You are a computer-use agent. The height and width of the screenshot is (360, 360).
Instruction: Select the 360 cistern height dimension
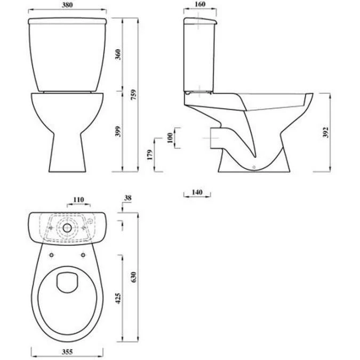[118, 54]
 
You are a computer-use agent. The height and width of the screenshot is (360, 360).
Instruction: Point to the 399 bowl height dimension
[118, 131]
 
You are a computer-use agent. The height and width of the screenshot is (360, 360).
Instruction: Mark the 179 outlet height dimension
[150, 155]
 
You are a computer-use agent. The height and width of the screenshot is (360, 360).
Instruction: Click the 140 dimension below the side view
[196, 191]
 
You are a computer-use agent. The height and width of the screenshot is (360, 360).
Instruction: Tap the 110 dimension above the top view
[78, 200]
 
